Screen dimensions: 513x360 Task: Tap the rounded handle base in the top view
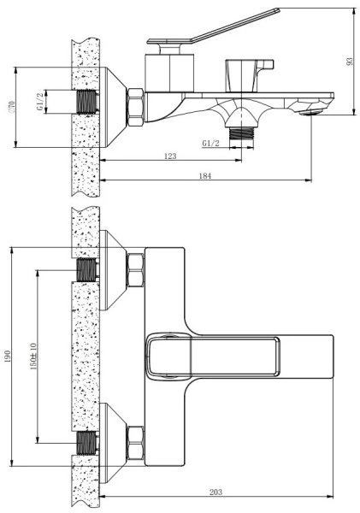click(x=162, y=356)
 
